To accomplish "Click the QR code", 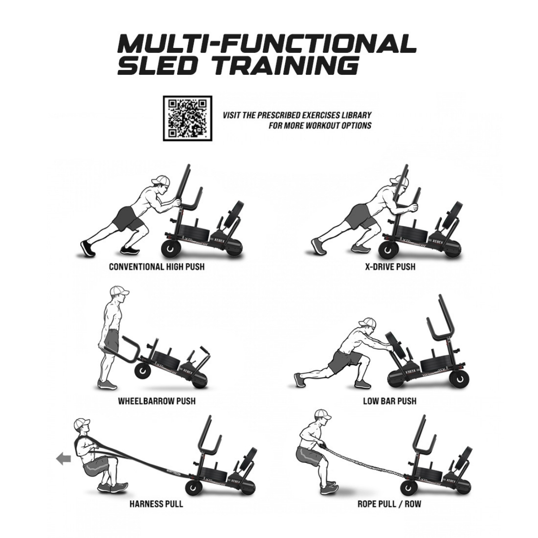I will [187, 118].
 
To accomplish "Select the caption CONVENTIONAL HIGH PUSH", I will [156, 267].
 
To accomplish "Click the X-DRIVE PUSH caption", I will [390, 267].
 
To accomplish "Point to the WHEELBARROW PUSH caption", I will [156, 400].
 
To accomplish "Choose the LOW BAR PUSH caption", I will [390, 400].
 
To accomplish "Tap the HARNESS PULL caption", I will [156, 503].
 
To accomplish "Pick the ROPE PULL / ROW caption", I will [389, 503].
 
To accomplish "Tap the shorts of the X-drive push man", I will [362, 217].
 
